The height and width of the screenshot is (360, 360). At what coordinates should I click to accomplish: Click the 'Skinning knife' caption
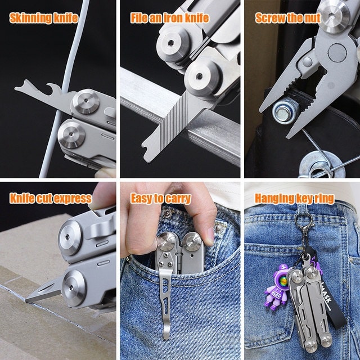[44, 18]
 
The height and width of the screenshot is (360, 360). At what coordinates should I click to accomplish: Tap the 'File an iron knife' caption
[170, 18]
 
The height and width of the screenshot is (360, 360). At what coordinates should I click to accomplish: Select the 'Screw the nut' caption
[288, 18]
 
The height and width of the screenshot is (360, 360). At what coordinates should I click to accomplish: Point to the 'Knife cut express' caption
[51, 199]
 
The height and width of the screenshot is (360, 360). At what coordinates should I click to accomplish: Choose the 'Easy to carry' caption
[161, 199]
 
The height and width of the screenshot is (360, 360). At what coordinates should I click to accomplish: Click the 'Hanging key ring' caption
[295, 199]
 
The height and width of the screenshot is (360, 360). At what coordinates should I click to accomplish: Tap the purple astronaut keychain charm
[276, 287]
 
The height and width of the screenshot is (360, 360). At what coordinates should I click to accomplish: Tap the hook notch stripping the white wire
[53, 88]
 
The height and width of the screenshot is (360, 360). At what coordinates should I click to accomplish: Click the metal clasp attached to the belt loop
[304, 221]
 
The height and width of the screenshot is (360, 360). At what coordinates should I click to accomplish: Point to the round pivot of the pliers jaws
[337, 52]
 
